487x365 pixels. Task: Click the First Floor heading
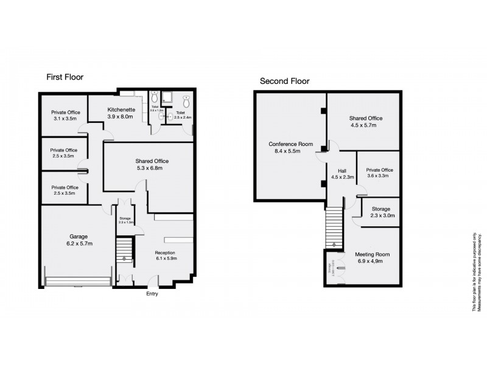[x=65, y=77]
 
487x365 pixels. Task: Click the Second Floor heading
[x=284, y=81]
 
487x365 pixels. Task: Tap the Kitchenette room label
[x=120, y=110]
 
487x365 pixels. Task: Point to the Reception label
[x=165, y=252]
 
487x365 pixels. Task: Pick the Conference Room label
[x=290, y=144]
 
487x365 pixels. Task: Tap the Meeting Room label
[x=372, y=254]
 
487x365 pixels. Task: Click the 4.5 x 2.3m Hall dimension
[x=343, y=178]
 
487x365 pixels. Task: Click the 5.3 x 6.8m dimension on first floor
[x=152, y=168]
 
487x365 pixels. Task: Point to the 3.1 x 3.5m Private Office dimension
[x=66, y=119]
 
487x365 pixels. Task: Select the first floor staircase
[x=124, y=249]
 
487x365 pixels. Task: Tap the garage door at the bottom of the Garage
[x=78, y=281]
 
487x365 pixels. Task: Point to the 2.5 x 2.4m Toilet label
[x=183, y=115]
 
